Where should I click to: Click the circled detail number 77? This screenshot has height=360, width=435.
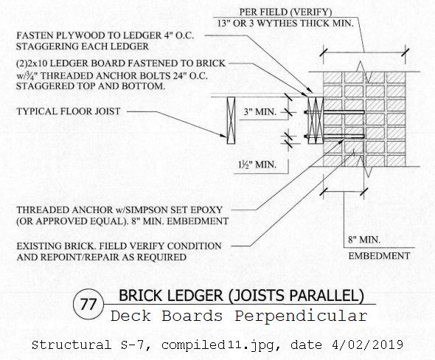click(88, 304)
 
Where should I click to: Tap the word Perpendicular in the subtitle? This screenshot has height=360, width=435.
click(302, 316)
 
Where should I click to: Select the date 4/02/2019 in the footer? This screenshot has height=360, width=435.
click(367, 345)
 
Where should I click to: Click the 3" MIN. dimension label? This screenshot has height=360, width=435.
click(260, 112)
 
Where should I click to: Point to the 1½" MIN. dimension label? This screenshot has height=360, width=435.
click(257, 165)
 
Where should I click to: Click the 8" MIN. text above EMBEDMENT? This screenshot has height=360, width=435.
click(364, 240)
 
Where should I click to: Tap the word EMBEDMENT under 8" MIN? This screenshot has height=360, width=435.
click(379, 256)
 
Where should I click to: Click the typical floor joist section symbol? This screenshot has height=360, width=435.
click(231, 120)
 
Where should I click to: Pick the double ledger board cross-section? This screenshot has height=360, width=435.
click(316, 120)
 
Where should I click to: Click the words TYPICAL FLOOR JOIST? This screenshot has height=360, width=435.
click(69, 111)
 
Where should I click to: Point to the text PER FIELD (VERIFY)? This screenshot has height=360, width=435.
click(285, 12)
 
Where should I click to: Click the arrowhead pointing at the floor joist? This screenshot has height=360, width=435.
click(224, 135)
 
